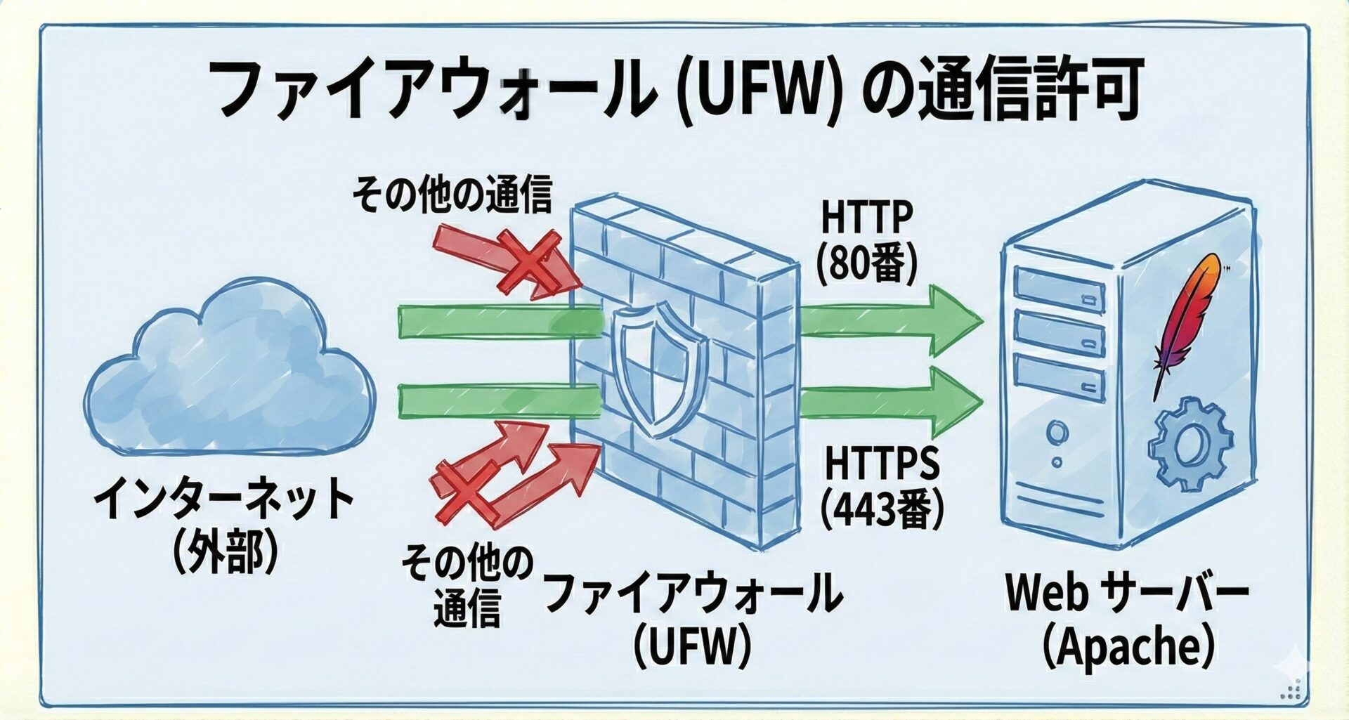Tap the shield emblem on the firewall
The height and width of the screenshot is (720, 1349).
659,369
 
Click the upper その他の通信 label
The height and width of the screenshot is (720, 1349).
452,195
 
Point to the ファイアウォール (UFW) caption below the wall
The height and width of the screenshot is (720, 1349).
692,618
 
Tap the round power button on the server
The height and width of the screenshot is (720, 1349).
1056,431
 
